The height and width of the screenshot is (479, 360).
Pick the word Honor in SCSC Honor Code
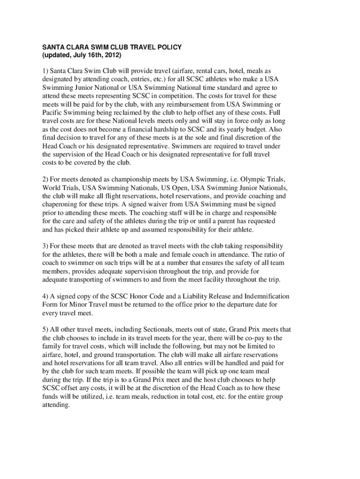pyautogui.click(x=136, y=297)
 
